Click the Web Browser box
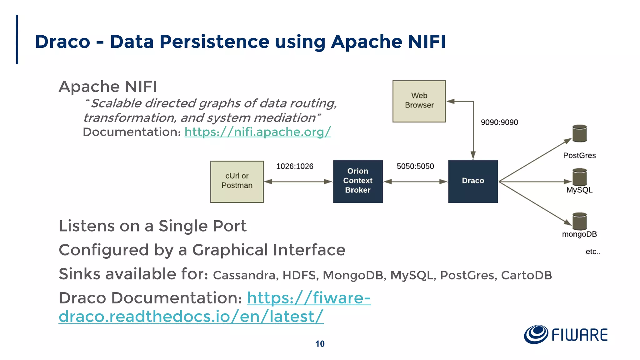[419, 101]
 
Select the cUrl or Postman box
[237, 182]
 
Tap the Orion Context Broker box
[358, 181]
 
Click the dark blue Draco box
[473, 181]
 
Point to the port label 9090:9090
[499, 122]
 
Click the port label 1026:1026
[294, 166]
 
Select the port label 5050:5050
[415, 166]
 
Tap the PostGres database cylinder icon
[579, 133]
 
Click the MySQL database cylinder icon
[579, 177]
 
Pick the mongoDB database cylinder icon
[579, 221]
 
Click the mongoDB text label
[579, 234]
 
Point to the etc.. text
[593, 252]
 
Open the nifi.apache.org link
[257, 132]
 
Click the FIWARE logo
[566, 335]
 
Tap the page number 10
[320, 344]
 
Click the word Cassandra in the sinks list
[245, 275]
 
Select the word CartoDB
[526, 275]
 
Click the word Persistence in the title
[214, 42]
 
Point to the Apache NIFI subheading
[108, 87]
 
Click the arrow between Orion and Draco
[415, 182]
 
